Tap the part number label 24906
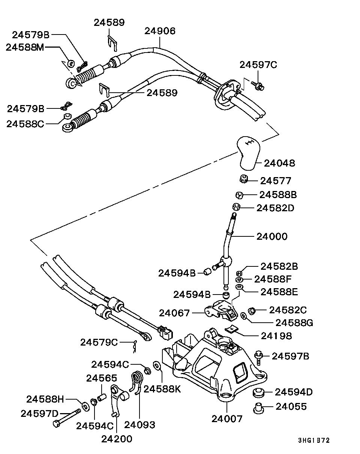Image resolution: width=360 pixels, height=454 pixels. [160, 31]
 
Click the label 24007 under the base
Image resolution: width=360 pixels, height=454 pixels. [227, 418]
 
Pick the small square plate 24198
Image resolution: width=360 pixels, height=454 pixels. [231, 329]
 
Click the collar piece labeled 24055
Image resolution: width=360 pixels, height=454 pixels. [258, 408]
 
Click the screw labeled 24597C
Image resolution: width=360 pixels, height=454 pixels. [257, 86]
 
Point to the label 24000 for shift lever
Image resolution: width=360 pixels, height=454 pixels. [272, 236]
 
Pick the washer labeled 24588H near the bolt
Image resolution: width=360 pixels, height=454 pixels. [85, 406]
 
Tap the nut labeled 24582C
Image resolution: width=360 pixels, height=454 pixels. [252, 310]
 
